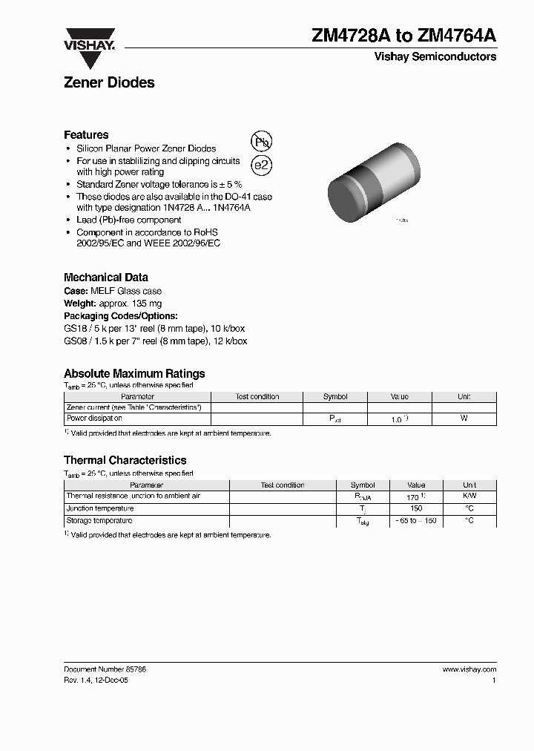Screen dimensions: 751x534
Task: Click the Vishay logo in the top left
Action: pyautogui.click(x=89, y=39)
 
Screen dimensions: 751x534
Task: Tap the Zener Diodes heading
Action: pyautogui.click(x=109, y=83)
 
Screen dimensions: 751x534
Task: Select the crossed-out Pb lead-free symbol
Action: pyautogui.click(x=261, y=142)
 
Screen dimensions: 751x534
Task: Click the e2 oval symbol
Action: pyautogui.click(x=261, y=166)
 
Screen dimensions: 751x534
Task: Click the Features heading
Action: pyautogui.click(x=86, y=135)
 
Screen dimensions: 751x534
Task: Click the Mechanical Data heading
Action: pyautogui.click(x=105, y=278)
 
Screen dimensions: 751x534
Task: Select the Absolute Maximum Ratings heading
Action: pyautogui.click(x=134, y=374)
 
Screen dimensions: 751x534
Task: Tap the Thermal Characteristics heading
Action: pyautogui.click(x=125, y=460)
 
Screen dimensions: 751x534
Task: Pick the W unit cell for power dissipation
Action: pyautogui.click(x=464, y=419)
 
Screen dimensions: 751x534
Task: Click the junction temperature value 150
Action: pyautogui.click(x=416, y=508)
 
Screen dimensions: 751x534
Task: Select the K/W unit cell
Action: pyautogui.click(x=469, y=496)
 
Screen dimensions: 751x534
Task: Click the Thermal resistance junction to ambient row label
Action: pyautogui.click(x=133, y=496)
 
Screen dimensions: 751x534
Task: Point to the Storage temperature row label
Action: pyautogui.click(x=100, y=521)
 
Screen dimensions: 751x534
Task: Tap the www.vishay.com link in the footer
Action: pyautogui.click(x=469, y=669)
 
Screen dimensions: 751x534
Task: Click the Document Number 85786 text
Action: pyautogui.click(x=105, y=669)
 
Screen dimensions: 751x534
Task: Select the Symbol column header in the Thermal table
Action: pyautogui.click(x=363, y=485)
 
